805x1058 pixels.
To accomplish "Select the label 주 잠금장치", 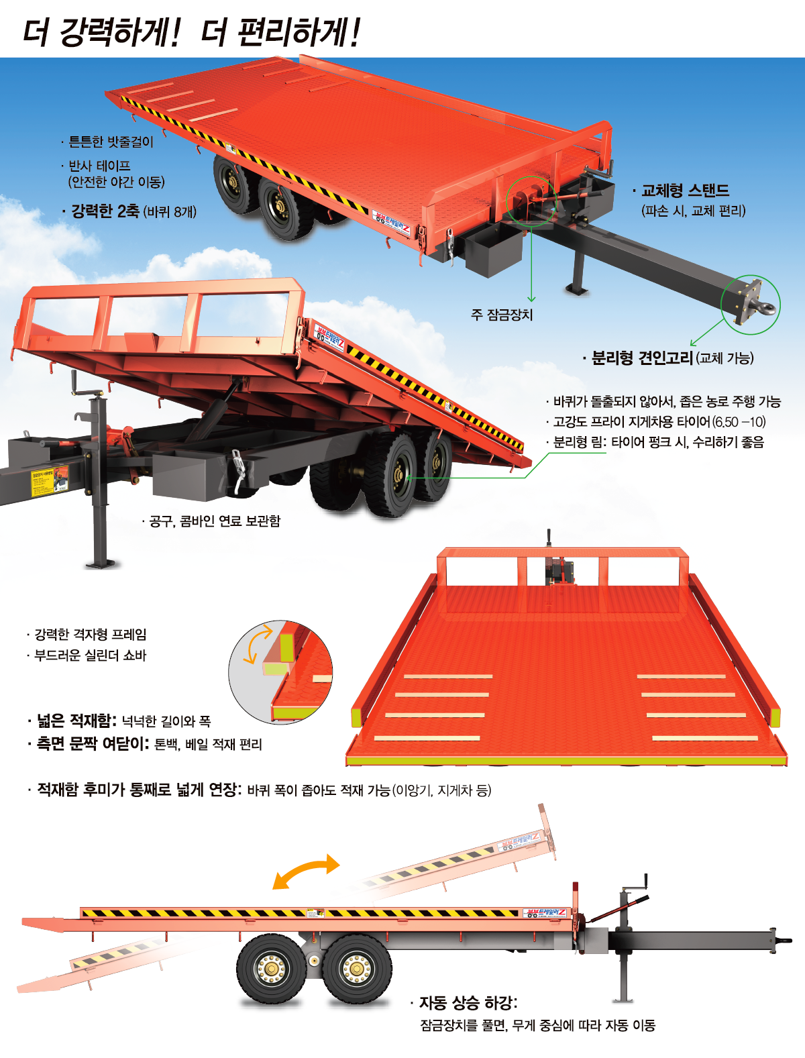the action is [x=502, y=315].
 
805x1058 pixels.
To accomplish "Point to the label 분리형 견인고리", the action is [x=642, y=358].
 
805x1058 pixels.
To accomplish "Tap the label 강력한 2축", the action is [x=105, y=211].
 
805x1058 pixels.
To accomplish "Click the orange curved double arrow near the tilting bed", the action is [x=306, y=871].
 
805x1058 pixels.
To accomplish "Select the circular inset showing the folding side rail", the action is [x=280, y=672].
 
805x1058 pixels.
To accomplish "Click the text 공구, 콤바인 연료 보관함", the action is [x=215, y=521].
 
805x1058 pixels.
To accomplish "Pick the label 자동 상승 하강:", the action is [x=468, y=1002].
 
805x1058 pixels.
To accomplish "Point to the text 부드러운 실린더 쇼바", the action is [x=90, y=655].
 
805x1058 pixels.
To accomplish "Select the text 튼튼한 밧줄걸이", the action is [x=111, y=142].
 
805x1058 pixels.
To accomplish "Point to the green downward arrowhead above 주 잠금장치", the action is [x=531, y=299].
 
